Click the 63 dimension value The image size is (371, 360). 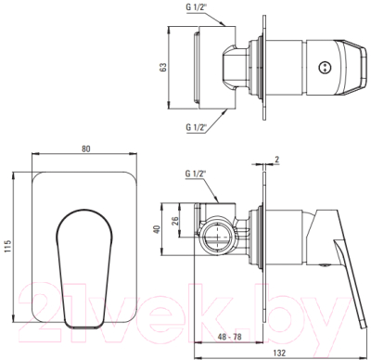pyautogui.click(x=163, y=67)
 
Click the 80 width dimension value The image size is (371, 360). pyautogui.click(x=86, y=148)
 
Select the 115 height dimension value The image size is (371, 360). pyautogui.click(x=8, y=247)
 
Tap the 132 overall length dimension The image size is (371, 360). pyautogui.click(x=279, y=353)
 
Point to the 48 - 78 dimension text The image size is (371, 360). pyautogui.click(x=229, y=337)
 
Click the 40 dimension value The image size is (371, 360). pyautogui.click(x=158, y=229)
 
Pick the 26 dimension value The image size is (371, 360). pyautogui.click(x=175, y=220)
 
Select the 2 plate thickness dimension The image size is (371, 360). pyautogui.click(x=276, y=160)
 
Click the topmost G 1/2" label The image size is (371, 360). pyautogui.click(x=197, y=7)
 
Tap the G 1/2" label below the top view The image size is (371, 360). pyautogui.click(x=197, y=126)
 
